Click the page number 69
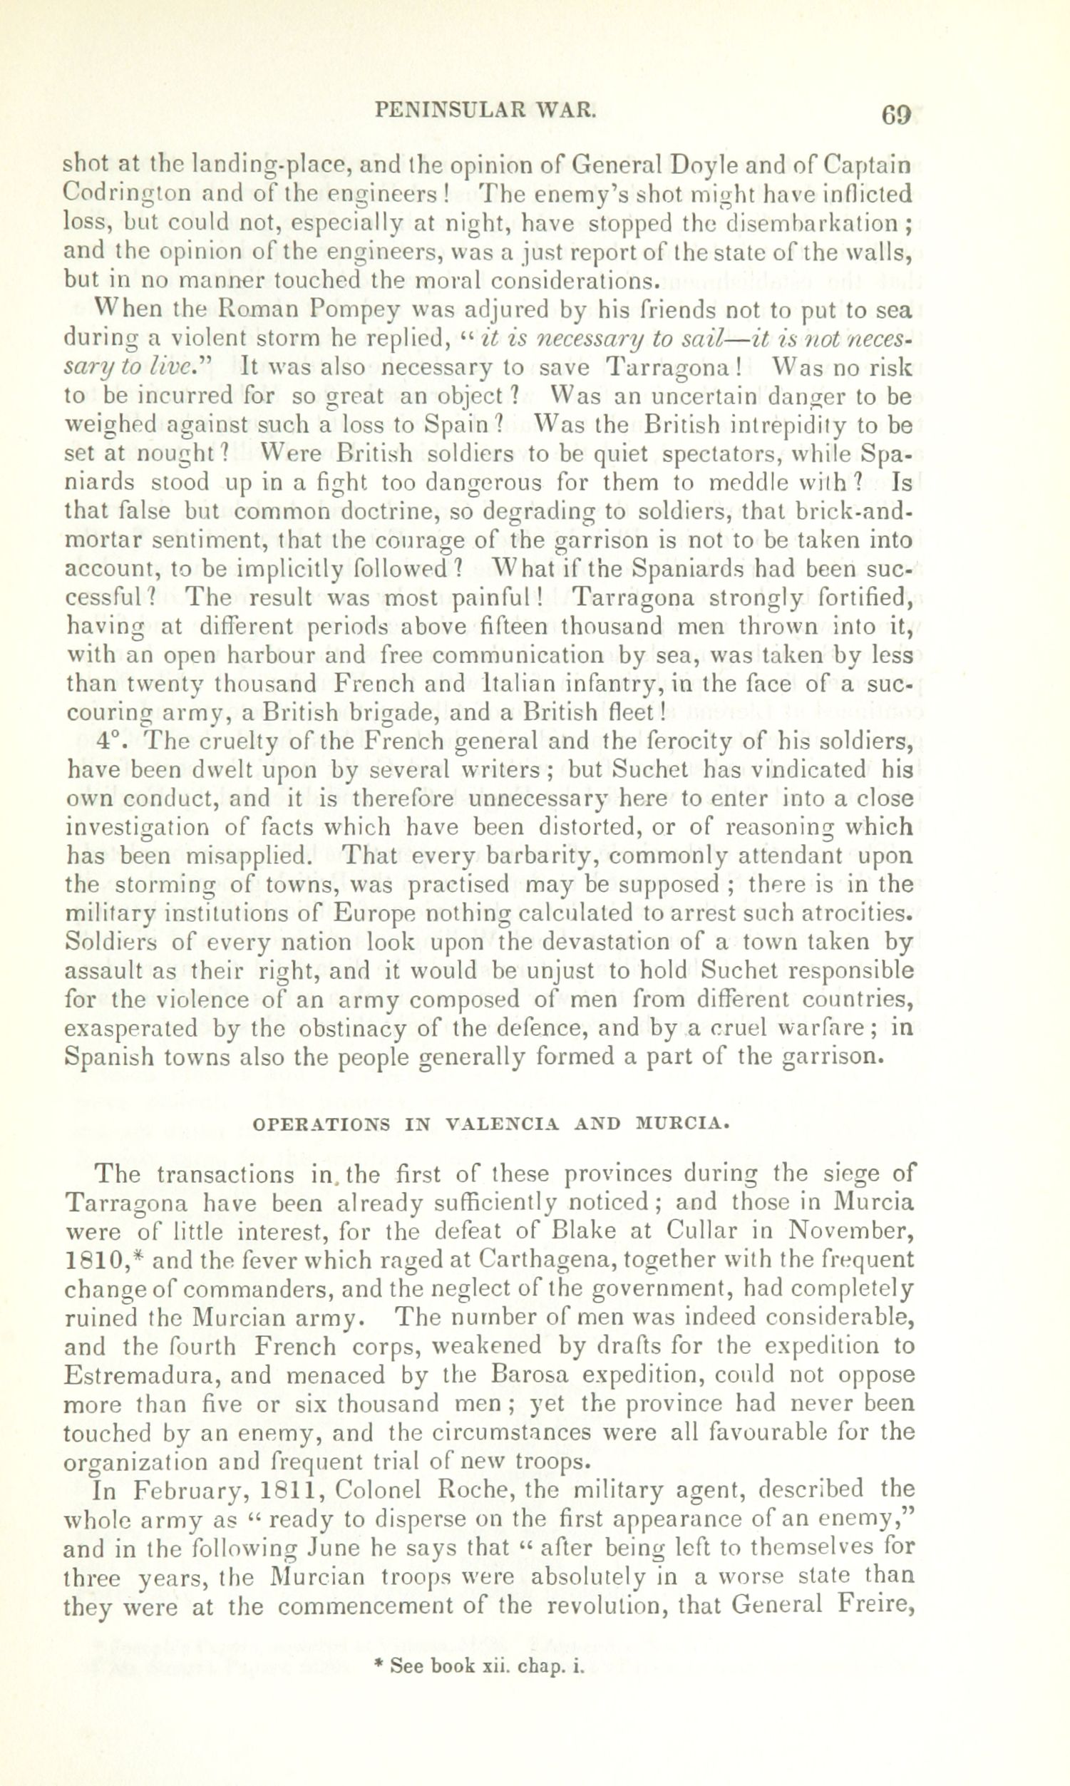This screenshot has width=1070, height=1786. [x=896, y=116]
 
